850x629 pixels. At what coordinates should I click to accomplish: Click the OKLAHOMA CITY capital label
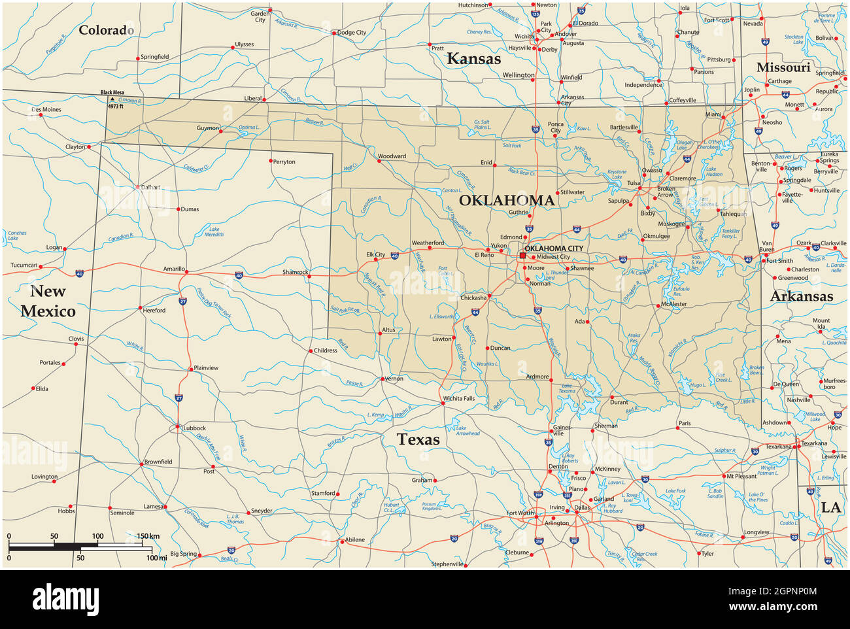tap(554, 248)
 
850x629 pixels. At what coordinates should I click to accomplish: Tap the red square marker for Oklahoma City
tap(522, 256)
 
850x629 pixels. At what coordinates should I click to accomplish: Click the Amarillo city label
tap(175, 269)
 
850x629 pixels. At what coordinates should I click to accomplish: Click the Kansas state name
tap(473, 59)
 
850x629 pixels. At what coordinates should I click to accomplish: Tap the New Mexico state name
tap(48, 301)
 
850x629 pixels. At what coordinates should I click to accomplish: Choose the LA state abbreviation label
tap(831, 507)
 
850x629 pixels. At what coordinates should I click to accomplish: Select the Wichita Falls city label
tap(458, 398)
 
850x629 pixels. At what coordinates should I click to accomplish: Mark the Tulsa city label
tap(634, 183)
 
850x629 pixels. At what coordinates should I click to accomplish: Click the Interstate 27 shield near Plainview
tap(178, 397)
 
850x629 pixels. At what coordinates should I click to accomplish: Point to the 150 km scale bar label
tap(148, 536)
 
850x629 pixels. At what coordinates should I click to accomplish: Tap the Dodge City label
tap(352, 33)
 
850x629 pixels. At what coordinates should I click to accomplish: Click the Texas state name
tap(418, 439)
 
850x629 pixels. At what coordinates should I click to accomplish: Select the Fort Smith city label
tap(780, 261)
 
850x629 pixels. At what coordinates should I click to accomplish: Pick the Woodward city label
tap(392, 156)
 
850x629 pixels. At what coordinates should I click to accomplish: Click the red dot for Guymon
tap(221, 131)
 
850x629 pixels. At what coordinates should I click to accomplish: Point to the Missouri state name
tap(783, 67)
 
